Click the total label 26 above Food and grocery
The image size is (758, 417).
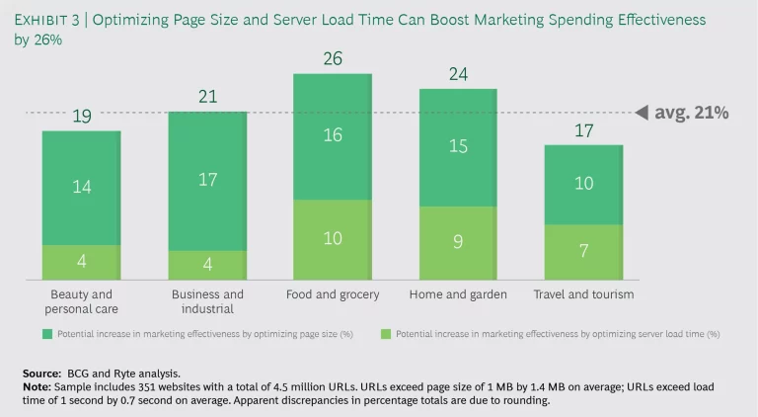(x=333, y=59)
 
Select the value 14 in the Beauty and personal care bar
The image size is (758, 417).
(x=81, y=186)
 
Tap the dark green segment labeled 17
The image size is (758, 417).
(x=207, y=181)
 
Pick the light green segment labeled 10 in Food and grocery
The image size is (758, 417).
(x=333, y=237)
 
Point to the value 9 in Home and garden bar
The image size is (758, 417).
(x=458, y=240)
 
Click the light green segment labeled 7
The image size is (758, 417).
(x=583, y=251)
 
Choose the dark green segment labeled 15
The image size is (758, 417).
(x=458, y=146)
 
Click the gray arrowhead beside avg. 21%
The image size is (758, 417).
(x=641, y=113)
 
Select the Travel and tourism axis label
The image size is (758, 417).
(x=583, y=294)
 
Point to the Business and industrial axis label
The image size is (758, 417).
(x=207, y=300)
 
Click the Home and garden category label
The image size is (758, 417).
(x=458, y=294)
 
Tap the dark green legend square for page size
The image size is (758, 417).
(x=46, y=335)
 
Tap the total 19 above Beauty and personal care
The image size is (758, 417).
(x=81, y=118)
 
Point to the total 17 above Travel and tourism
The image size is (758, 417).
(x=583, y=130)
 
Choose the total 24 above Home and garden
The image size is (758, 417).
(x=458, y=74)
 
